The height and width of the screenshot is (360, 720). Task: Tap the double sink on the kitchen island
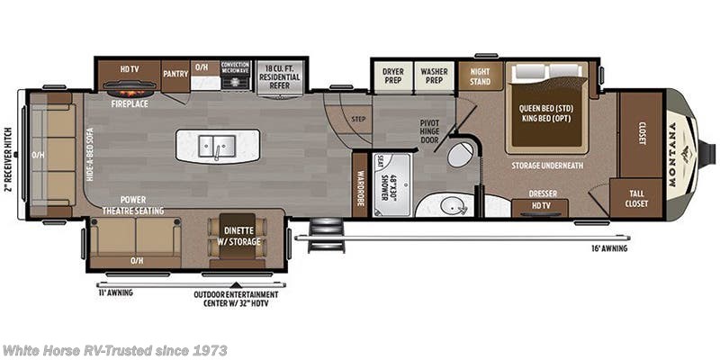217,145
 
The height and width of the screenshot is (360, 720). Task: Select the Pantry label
175,73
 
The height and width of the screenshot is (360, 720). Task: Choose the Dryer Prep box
392,73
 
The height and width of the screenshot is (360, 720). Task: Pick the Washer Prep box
434,73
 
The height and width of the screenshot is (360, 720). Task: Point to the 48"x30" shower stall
391,185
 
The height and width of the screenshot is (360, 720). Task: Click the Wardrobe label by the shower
361,184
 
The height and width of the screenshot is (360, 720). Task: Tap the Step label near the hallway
358,118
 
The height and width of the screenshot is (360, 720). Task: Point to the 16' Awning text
610,248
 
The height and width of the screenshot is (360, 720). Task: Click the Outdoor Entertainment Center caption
236,299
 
